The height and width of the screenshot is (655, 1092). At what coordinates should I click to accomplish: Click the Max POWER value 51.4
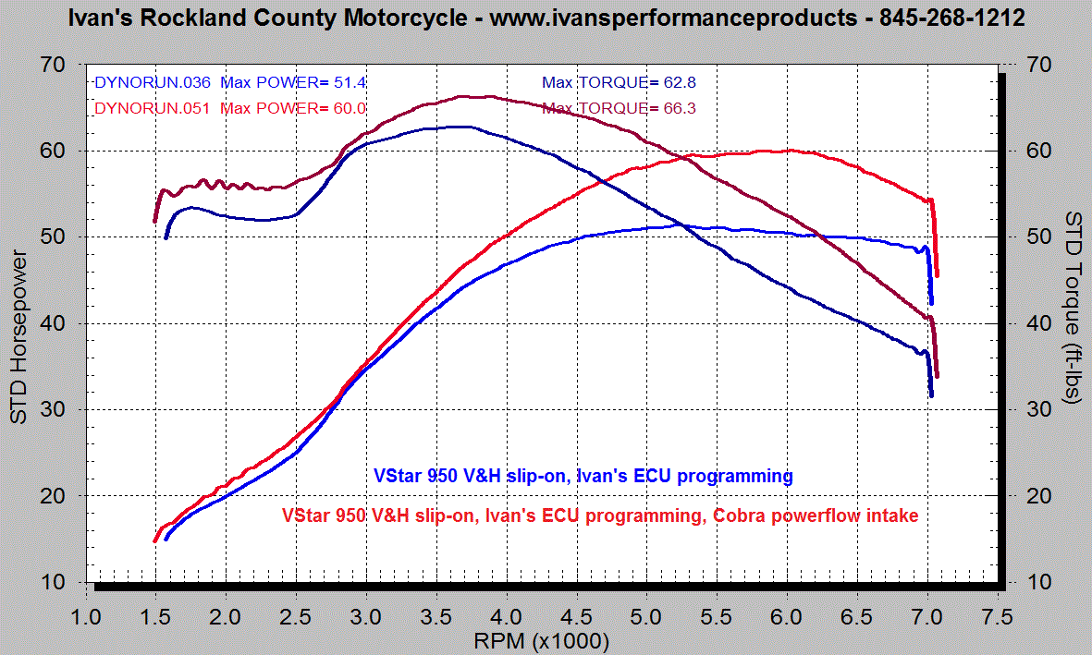(x=351, y=82)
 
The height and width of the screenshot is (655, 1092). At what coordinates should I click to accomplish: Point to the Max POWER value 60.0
(x=351, y=108)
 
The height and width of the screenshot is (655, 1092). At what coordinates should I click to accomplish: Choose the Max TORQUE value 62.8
(x=680, y=82)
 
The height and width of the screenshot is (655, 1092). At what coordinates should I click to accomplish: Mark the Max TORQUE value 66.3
(x=680, y=108)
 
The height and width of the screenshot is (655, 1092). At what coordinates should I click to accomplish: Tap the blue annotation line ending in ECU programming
(x=583, y=477)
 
